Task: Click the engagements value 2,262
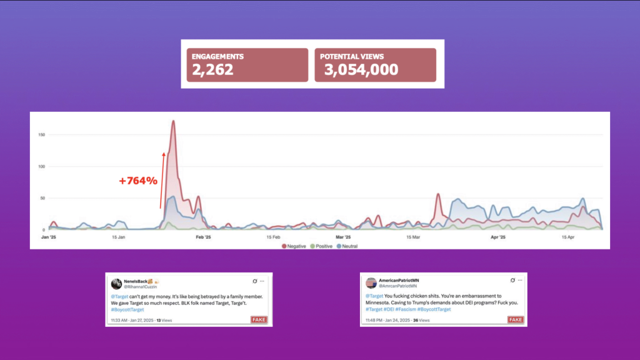coord(212,69)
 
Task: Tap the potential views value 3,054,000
coord(361,69)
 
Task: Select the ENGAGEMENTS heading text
coord(218,56)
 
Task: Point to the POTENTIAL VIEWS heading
coord(352,56)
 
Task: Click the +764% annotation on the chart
coord(138,181)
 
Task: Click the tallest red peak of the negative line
coord(172,121)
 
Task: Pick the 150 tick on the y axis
coord(41,134)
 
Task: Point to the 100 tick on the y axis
coord(41,166)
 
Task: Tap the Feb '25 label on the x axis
coord(204,237)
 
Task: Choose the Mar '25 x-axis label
coord(342,237)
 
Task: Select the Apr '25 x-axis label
coord(497,237)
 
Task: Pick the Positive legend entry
coord(321,246)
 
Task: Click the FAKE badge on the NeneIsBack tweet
coord(259,320)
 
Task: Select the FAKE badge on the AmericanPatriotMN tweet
coord(516,320)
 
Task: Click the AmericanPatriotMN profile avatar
coord(371,282)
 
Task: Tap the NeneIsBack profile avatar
coord(116,283)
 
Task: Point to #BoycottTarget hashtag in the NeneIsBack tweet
coord(127,309)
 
